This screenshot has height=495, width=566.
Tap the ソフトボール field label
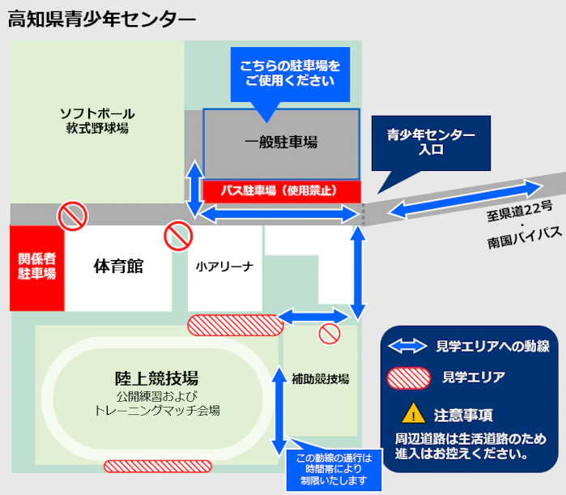[x=97, y=113]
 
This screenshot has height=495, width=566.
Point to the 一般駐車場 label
[x=281, y=143]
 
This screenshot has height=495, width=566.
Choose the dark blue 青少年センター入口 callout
[x=431, y=143]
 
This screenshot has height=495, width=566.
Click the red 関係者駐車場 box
[x=36, y=267]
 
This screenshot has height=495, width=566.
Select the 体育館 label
[x=118, y=266]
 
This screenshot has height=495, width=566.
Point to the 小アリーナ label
[x=225, y=266]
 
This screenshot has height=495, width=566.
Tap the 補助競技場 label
[x=320, y=378]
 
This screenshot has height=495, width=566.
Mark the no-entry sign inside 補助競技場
[x=329, y=334]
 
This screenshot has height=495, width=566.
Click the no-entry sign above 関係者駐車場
[x=71, y=215]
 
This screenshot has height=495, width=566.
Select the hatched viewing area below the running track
[x=158, y=467]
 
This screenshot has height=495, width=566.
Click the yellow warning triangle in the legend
[x=414, y=415]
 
